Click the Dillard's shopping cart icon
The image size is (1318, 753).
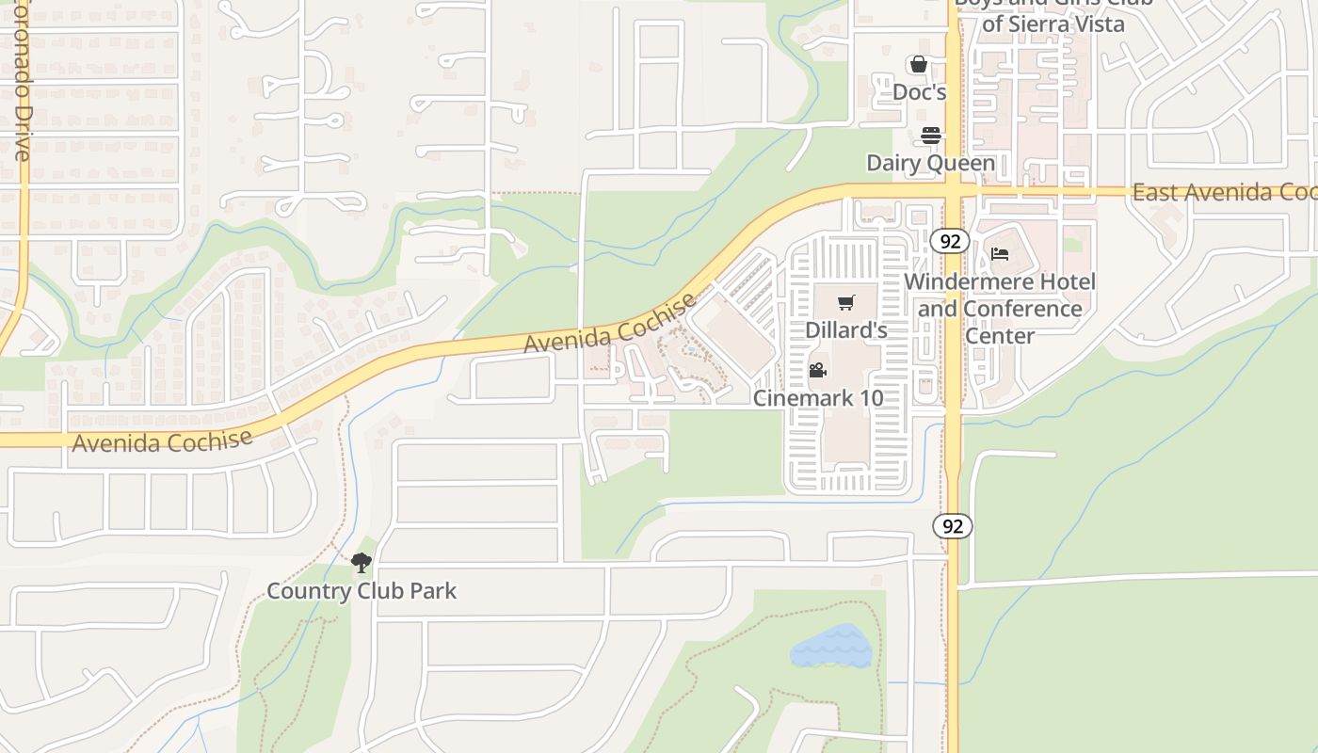(847, 303)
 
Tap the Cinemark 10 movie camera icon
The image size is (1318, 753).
(818, 370)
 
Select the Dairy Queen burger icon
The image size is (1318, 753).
(931, 136)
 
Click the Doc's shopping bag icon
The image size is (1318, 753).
(919, 65)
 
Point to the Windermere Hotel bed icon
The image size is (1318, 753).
(1000, 254)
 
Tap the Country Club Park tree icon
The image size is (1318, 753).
(361, 564)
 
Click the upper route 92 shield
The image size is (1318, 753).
(951, 241)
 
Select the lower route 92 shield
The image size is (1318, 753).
(953, 526)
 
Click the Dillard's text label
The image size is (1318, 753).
(846, 330)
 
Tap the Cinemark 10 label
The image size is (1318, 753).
(818, 398)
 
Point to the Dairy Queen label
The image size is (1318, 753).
(930, 163)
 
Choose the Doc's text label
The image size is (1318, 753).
(919, 92)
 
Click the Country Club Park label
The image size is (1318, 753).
(362, 591)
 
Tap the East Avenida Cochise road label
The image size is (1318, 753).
(1224, 192)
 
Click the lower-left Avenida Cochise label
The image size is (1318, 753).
(162, 441)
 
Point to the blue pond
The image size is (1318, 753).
(830, 648)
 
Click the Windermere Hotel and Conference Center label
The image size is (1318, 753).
(1000, 309)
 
